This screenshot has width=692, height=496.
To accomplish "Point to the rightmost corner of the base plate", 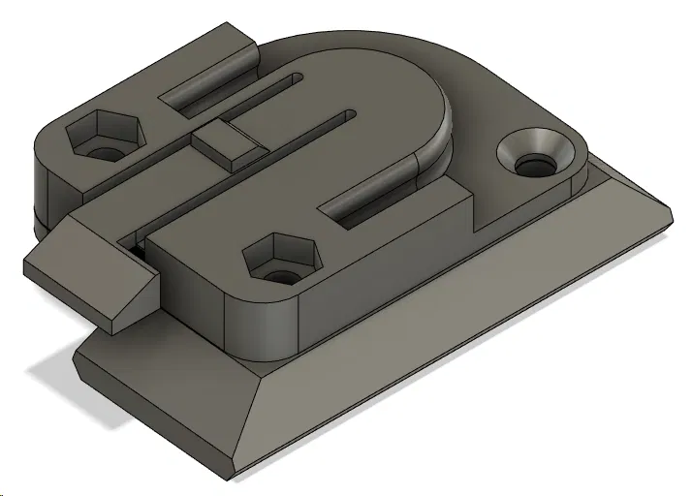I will point(671,213).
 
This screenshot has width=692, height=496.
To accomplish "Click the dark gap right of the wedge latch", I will point(137,246).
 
